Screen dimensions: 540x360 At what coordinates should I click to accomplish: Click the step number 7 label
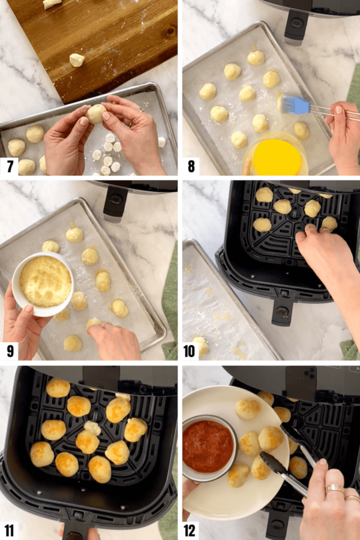(10, 166)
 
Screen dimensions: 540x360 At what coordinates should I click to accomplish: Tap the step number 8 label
(191, 166)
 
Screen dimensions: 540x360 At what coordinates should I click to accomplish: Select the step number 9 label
(10, 350)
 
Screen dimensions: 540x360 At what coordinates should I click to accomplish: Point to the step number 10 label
(191, 350)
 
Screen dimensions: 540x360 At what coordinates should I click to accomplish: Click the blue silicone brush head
(295, 106)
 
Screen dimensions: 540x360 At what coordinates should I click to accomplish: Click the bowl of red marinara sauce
(208, 446)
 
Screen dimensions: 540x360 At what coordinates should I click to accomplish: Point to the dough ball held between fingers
(95, 113)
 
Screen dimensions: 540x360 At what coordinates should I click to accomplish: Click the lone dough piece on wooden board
(76, 59)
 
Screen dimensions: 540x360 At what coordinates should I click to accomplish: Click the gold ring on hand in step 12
(334, 488)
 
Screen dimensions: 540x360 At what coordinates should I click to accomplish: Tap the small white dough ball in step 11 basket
(92, 427)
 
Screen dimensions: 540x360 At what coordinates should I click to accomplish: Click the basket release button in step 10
(282, 312)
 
